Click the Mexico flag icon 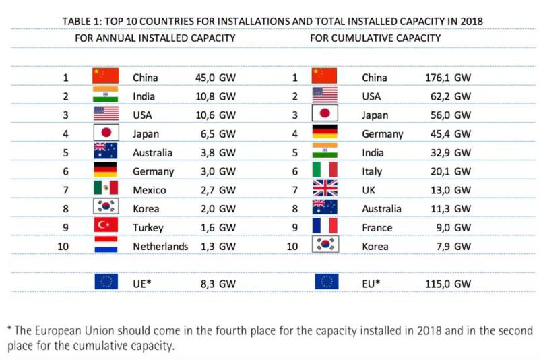(105, 188)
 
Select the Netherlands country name (160, 247)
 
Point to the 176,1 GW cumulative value (448, 78)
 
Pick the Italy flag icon (325, 170)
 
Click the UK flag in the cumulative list (325, 189)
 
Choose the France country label (377, 228)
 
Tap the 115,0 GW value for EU (448, 284)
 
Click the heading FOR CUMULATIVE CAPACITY (375, 38)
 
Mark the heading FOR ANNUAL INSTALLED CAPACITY (155, 38)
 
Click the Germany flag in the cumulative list (325, 133)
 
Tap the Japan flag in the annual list (105, 133)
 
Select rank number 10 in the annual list (63, 247)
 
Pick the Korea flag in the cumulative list (325, 245)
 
